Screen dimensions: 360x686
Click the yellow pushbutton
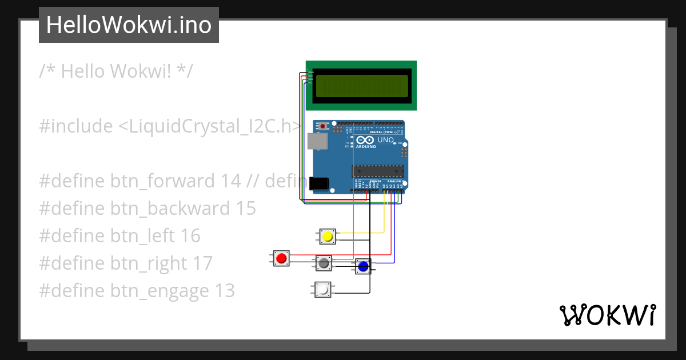pos(328,237)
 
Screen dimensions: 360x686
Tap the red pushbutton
pos(281,259)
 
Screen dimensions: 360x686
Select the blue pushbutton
pos(362,266)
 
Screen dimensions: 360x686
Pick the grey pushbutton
pos(324,263)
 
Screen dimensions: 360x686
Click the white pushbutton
pos(322,290)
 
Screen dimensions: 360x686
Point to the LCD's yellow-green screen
pos(361,86)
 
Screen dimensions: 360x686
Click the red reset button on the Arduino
pos(323,126)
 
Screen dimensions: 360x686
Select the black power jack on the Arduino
pos(319,183)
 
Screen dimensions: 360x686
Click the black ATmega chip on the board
pos(377,170)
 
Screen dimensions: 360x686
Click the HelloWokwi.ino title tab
pos(129,25)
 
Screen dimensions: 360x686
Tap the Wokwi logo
pos(607,315)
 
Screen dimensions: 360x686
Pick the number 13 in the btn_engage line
pos(225,291)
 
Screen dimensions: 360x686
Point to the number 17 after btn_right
pos(202,263)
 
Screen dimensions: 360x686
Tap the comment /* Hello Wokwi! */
pos(116,71)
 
